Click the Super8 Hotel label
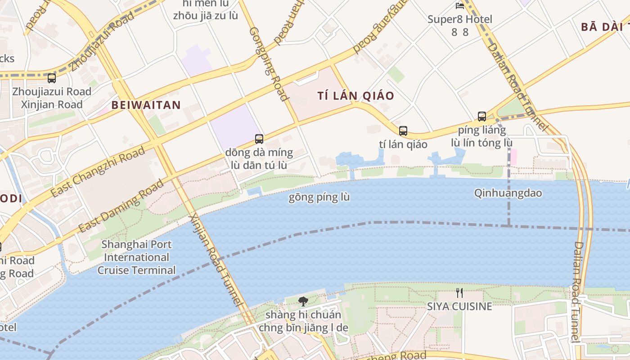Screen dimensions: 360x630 [459, 19]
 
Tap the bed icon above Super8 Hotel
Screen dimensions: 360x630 [459, 6]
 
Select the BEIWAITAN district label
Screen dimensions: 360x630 [146, 105]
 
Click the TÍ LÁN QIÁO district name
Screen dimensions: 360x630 [355, 96]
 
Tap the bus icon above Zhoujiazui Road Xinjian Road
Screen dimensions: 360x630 [52, 78]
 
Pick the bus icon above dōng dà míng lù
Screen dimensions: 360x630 [259, 139]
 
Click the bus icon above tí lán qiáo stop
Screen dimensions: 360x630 [403, 131]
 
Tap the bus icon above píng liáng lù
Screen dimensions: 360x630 [482, 117]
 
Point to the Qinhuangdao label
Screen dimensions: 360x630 [508, 193]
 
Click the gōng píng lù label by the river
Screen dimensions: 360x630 [319, 198]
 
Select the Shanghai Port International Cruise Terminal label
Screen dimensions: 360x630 [136, 257]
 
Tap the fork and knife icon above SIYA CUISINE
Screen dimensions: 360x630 [459, 293]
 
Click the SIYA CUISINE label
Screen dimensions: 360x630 [459, 306]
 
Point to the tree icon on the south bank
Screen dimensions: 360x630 [303, 301]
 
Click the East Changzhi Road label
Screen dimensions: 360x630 [98, 171]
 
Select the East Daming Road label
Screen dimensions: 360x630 [121, 206]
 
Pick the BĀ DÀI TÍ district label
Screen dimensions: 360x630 [605, 27]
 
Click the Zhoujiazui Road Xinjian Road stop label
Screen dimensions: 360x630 [52, 98]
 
